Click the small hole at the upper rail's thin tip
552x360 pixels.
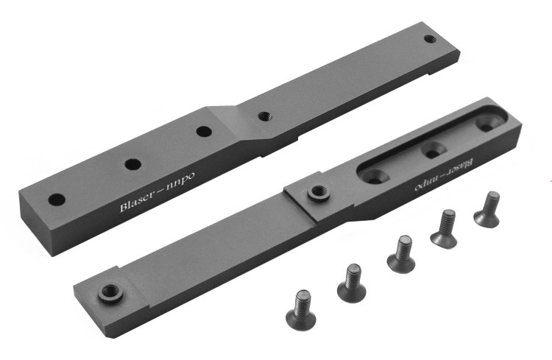point(429,39)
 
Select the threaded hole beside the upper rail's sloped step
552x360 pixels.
point(264,116)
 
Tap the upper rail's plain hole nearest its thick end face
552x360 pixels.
point(57,200)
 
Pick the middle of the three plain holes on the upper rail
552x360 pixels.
point(132,163)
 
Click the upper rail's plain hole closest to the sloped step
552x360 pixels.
point(204,132)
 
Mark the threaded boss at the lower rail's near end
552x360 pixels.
point(110,292)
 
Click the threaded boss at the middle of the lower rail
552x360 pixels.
point(318,193)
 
